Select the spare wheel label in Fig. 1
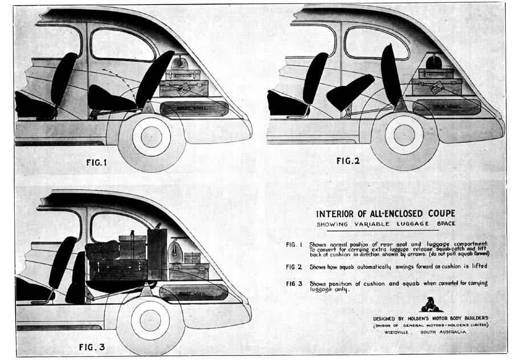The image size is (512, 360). click(x=194, y=107)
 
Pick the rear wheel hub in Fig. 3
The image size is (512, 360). click(x=150, y=320)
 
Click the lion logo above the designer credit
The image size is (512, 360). click(x=432, y=304)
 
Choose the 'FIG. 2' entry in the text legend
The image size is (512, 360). click(x=295, y=266)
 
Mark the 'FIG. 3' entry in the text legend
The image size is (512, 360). click(x=295, y=283)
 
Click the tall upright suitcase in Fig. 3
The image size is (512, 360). click(x=156, y=253)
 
